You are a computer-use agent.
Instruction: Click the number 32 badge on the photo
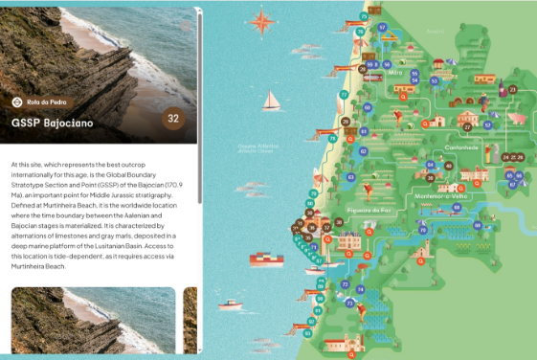tap(173, 119)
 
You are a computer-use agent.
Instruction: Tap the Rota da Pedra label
tap(47, 101)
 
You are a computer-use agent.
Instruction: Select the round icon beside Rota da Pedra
tap(18, 101)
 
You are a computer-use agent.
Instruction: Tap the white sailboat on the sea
tap(273, 101)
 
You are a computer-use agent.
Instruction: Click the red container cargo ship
tap(262, 259)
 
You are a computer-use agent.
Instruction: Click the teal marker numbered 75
tap(364, 16)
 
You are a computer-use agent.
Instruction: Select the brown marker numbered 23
tap(512, 90)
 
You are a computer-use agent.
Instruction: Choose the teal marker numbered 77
tap(344, 96)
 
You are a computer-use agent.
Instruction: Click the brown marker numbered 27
tap(468, 126)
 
